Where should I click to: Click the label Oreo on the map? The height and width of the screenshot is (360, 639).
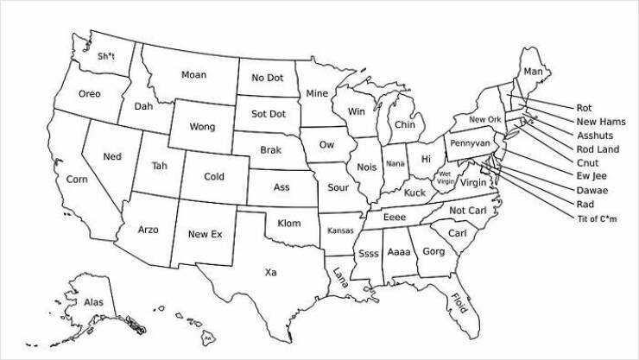tap(89, 93)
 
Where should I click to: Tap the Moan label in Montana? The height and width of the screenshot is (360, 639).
tap(193, 75)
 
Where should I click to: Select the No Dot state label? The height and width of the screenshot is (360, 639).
tap(268, 79)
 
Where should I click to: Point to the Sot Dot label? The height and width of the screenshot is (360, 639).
tap(268, 114)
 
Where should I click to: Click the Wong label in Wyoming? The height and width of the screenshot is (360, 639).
tap(202, 127)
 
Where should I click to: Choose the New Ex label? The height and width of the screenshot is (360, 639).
tap(205, 234)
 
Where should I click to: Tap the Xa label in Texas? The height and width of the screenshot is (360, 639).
tap(270, 272)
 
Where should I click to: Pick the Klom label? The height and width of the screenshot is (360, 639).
tap(289, 224)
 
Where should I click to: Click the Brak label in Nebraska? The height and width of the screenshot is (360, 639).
tap(271, 150)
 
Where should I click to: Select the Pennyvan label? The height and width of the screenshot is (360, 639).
tap(470, 142)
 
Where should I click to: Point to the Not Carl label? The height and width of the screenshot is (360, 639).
tap(468, 211)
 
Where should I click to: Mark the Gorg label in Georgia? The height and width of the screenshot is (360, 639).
tap(433, 251)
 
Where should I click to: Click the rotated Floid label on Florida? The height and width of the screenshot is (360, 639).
tap(459, 303)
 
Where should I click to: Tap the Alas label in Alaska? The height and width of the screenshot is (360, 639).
tap(93, 302)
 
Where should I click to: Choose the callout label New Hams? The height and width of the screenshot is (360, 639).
tap(601, 122)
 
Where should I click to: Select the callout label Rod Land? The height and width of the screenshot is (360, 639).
tap(598, 149)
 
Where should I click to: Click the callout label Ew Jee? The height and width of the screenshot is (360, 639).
tap(592, 176)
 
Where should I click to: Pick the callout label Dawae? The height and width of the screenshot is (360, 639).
tap(592, 190)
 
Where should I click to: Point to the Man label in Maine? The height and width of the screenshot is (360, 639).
tap(534, 71)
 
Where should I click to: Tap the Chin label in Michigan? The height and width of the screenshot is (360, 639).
tap(404, 125)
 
